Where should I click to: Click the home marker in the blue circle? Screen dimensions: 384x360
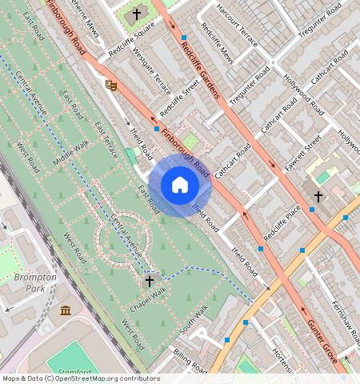180,186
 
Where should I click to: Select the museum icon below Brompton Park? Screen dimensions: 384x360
65,310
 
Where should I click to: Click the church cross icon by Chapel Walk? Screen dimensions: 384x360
150,282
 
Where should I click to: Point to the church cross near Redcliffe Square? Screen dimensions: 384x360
137,14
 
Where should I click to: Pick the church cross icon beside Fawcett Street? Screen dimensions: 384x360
318,196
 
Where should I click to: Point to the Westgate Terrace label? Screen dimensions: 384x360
152,70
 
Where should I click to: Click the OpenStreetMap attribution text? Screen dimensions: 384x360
80,378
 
